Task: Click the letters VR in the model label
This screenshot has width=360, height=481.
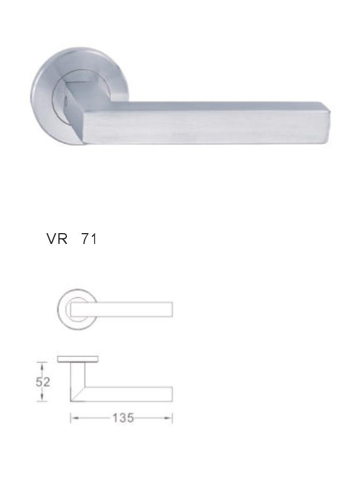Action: coord(57,239)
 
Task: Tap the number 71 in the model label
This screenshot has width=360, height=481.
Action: coord(89,239)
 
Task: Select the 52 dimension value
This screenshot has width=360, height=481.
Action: coord(43,382)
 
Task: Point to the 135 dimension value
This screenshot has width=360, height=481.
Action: coord(123,418)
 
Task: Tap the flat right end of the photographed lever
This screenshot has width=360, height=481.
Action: coord(329,123)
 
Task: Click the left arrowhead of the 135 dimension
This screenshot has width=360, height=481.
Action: coord(74,418)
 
